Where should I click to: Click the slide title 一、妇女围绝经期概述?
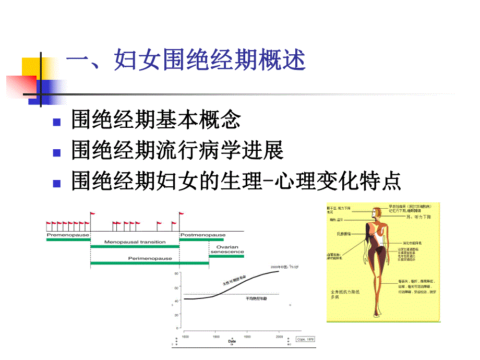tap(185, 62)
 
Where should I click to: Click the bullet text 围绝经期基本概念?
tap(156, 121)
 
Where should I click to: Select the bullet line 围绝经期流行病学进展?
tap(177, 151)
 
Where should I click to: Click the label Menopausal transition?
tap(135, 242)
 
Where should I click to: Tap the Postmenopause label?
tap(203, 235)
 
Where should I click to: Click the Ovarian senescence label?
tap(226, 248)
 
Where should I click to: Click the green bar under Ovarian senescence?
tap(226, 256)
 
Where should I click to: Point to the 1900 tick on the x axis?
tap(216, 337)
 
